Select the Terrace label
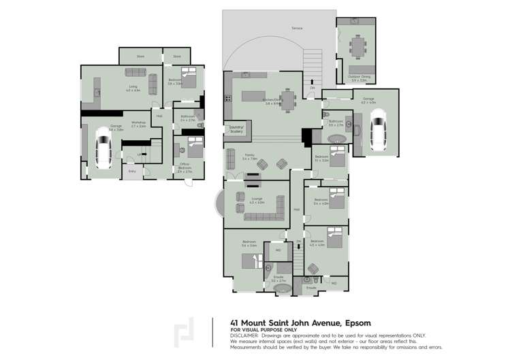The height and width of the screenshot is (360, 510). coord(297,28)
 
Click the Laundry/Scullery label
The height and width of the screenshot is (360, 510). coord(236,130)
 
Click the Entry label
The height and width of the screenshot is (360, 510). coord(131,171)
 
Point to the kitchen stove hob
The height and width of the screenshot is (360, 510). coord(228,98)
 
